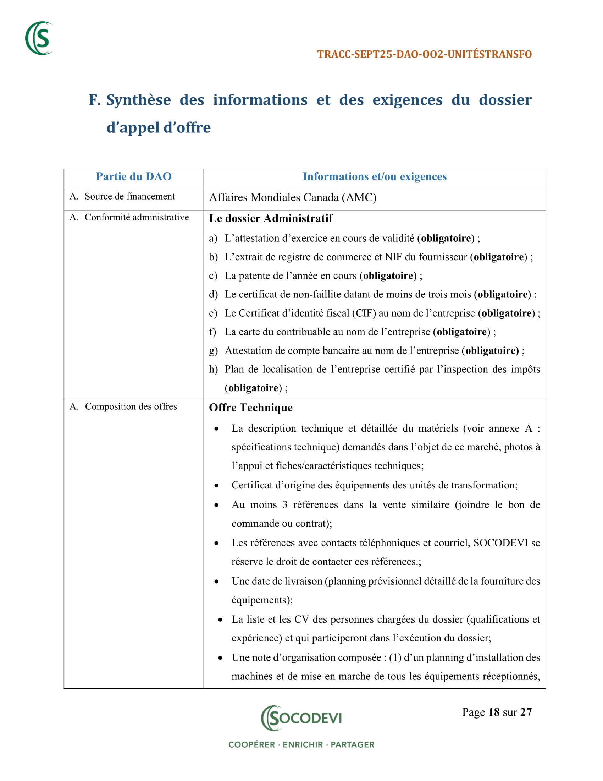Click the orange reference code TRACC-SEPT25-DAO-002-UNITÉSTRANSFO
(x=424, y=54)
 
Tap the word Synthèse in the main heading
(x=139, y=100)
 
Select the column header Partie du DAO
(x=134, y=177)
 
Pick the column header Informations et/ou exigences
(x=374, y=177)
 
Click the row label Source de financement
(x=129, y=196)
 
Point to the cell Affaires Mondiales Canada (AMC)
(x=293, y=197)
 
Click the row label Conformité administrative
(x=137, y=217)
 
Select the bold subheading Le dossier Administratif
(x=270, y=218)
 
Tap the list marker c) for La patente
(x=213, y=276)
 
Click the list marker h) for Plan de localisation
(x=213, y=370)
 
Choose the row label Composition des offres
(x=131, y=406)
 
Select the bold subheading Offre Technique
(x=250, y=408)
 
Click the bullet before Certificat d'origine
(x=216, y=486)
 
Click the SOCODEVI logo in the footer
(x=301, y=718)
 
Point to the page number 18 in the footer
(x=494, y=712)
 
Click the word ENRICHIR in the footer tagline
(x=303, y=745)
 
